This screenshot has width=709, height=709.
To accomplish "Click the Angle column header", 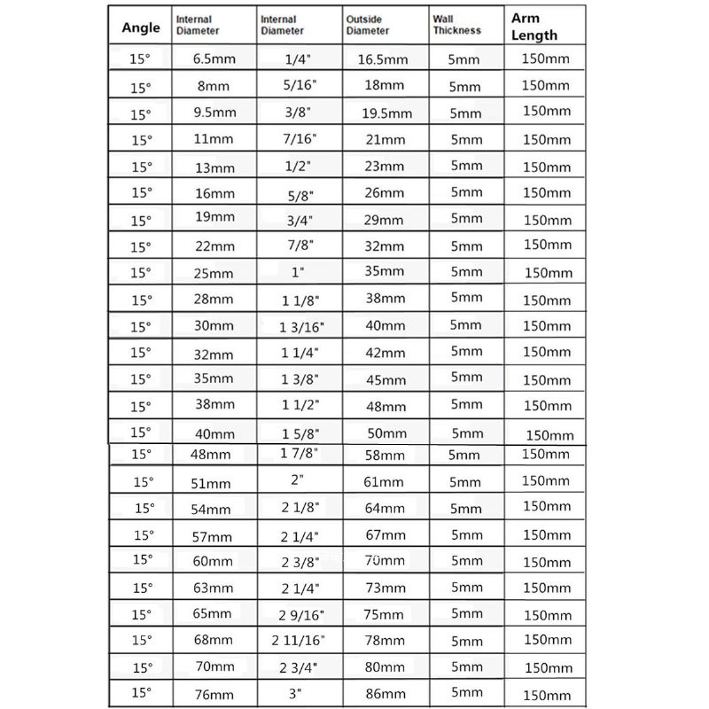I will (140, 27).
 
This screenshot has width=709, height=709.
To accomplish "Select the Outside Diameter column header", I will (368, 24).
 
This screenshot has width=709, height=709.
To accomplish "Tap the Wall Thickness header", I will (457, 24).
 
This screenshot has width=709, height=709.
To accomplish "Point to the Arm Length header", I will (534, 27).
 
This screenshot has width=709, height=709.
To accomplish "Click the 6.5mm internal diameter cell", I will (214, 59).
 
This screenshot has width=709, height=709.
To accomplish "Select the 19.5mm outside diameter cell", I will (388, 113).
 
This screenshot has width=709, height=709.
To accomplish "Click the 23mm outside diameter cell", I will (385, 167).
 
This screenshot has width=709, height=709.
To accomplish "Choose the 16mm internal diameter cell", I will (214, 193).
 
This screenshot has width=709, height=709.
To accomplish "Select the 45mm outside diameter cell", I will (386, 380).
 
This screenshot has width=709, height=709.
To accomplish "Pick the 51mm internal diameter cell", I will (211, 483).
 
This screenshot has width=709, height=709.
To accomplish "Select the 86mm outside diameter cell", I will (386, 696).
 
